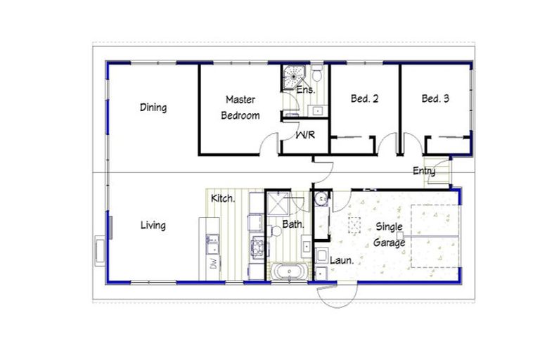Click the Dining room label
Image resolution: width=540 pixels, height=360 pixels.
[153, 108]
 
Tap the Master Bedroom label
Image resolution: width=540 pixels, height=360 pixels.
[241, 107]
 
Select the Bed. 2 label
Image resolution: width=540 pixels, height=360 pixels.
[364, 99]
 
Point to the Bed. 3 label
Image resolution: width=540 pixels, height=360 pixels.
[435, 99]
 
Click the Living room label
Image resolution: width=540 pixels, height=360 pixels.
[153, 226]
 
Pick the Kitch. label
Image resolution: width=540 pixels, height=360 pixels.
[223, 199]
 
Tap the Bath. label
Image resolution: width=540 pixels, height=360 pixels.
[292, 225]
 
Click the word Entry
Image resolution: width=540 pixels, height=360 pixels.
[424, 171]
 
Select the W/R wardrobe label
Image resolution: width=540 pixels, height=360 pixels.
[304, 134]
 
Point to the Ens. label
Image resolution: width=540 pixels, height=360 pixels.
[305, 91]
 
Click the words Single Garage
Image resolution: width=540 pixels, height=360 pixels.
[390, 235]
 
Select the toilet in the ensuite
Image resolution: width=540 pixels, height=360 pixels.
[317, 73]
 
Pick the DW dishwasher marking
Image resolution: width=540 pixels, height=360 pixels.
[211, 264]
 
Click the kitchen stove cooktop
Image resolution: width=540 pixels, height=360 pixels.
[257, 247]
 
